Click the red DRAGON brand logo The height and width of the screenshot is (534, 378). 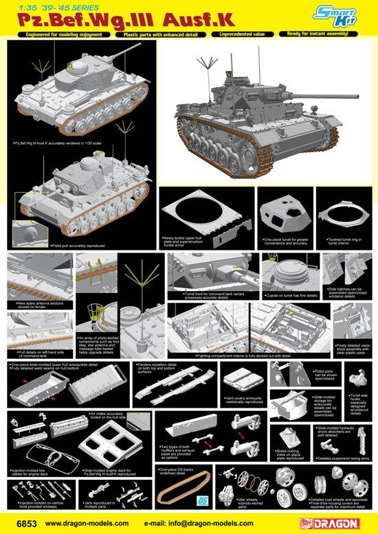point(346,526)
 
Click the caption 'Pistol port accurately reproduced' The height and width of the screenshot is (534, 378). point(78,244)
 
